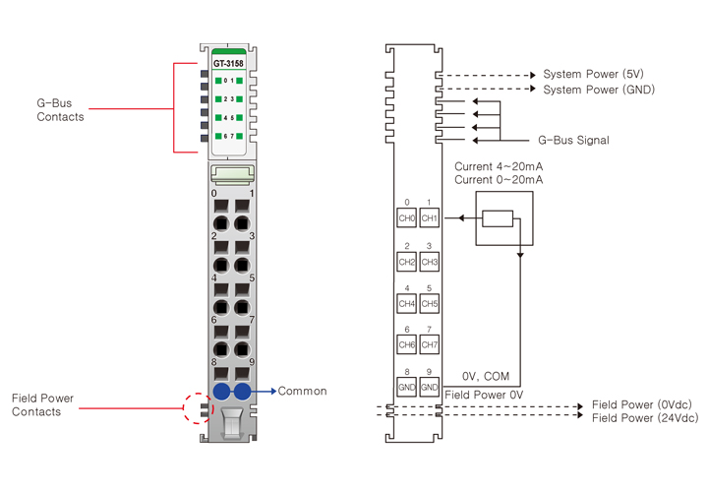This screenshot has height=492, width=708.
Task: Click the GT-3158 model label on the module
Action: click(x=228, y=64)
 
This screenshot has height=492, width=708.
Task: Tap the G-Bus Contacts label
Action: click(x=60, y=109)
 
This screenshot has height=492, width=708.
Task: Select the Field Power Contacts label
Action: click(x=42, y=405)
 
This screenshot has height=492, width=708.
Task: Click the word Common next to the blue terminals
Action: click(x=302, y=392)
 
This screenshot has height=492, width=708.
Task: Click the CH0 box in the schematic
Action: click(x=406, y=218)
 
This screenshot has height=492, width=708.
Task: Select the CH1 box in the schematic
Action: click(x=429, y=218)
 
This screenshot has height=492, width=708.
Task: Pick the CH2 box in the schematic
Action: click(x=406, y=262)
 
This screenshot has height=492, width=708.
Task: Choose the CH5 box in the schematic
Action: click(x=429, y=304)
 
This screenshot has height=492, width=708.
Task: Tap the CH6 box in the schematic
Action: click(x=406, y=345)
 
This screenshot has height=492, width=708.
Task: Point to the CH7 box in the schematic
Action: click(x=429, y=345)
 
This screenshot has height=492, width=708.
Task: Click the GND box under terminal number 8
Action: click(x=406, y=388)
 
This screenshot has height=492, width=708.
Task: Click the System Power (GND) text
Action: click(x=599, y=90)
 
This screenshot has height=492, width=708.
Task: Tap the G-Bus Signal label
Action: click(x=573, y=141)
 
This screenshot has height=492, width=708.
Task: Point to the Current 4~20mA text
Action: click(x=499, y=167)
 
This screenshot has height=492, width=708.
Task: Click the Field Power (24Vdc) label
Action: click(x=645, y=418)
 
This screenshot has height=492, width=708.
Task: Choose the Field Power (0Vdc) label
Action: click(x=642, y=405)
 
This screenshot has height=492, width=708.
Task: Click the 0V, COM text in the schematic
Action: click(x=485, y=376)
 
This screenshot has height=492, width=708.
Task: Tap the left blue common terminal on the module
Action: click(x=221, y=393)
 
